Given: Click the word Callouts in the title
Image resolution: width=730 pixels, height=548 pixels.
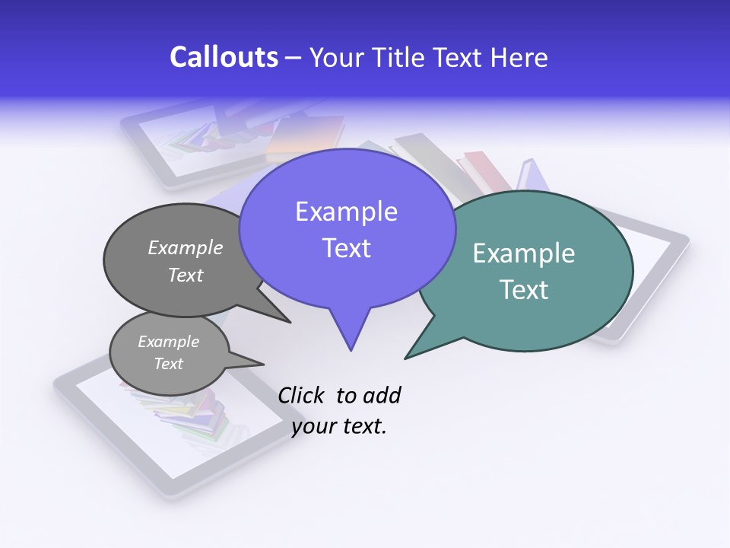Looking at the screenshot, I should pyautogui.click(x=224, y=57).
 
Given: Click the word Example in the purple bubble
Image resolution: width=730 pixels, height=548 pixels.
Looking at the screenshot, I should pyautogui.click(x=346, y=212).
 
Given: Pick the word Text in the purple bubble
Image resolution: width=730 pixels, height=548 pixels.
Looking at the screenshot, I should pyautogui.click(x=346, y=248).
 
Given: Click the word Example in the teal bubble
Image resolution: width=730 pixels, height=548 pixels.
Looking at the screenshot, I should pyautogui.click(x=523, y=253).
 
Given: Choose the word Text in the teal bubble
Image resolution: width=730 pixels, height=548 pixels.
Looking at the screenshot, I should pyautogui.click(x=525, y=290).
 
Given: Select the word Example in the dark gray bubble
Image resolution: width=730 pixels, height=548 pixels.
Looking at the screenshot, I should pyautogui.click(x=186, y=247).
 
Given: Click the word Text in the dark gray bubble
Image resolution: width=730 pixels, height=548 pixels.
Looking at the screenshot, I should pyautogui.click(x=186, y=275).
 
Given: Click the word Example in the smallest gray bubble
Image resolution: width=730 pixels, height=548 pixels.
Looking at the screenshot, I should pyautogui.click(x=168, y=342).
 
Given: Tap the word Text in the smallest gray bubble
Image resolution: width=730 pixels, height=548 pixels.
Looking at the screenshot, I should pyautogui.click(x=168, y=364).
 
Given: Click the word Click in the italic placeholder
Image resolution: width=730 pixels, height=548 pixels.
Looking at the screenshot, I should pyautogui.click(x=300, y=395).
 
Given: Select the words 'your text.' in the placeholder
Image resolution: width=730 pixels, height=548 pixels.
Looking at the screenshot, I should pyautogui.click(x=339, y=426).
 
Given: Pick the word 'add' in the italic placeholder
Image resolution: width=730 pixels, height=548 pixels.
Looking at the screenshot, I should pyautogui.click(x=381, y=395).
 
